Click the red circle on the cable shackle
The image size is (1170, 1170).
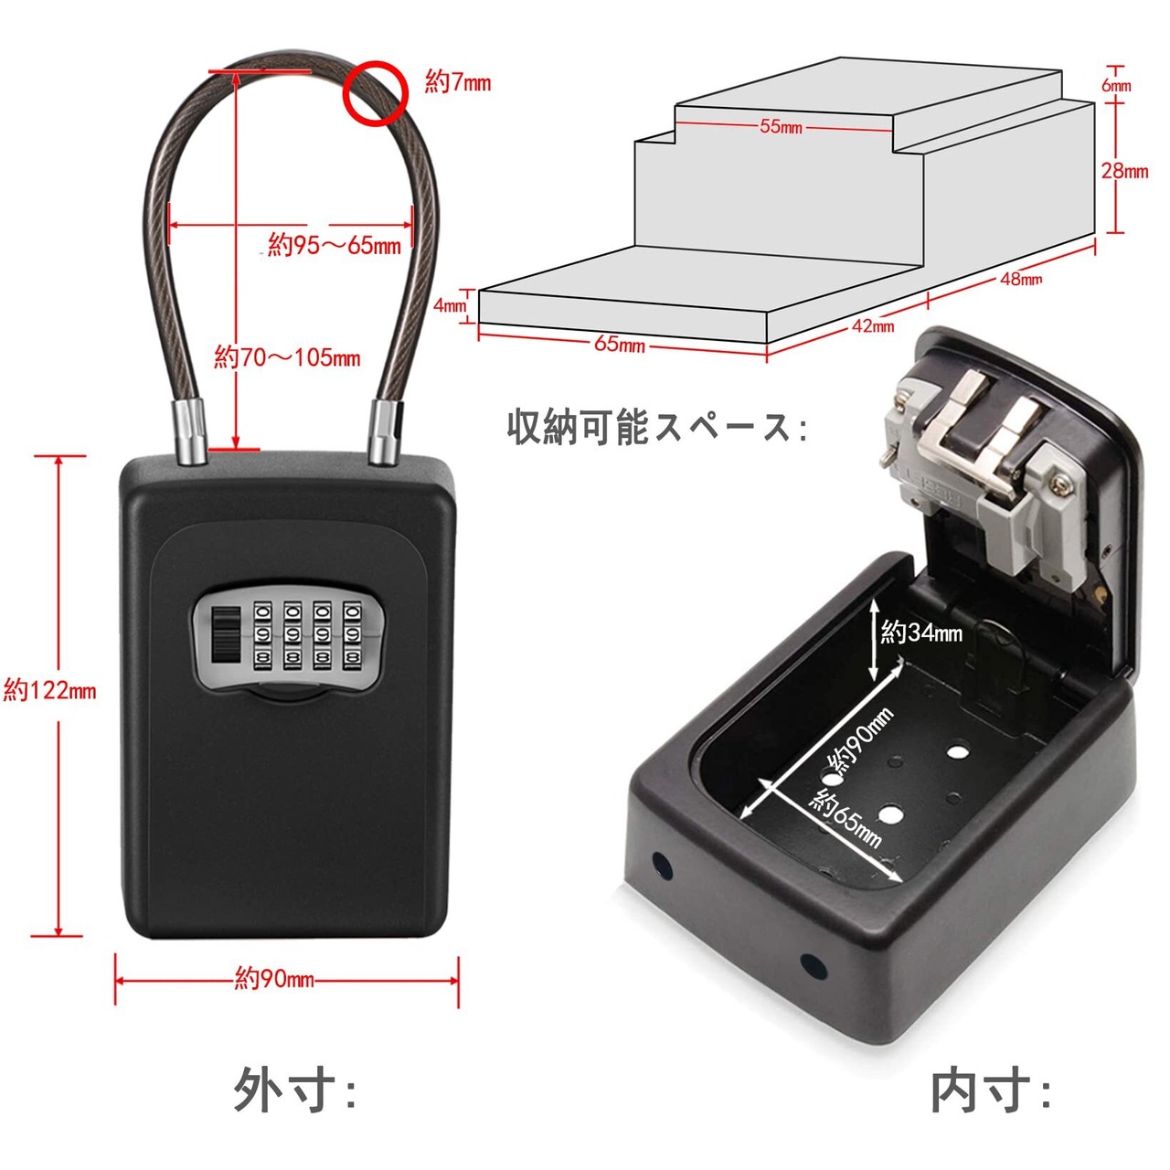[x=374, y=92]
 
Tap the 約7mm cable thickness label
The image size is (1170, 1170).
[x=458, y=82]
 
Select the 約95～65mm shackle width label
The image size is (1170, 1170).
[x=335, y=245]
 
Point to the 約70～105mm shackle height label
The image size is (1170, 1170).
[x=287, y=356]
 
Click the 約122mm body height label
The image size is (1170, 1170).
[x=49, y=690]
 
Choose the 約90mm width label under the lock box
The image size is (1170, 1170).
[x=274, y=979]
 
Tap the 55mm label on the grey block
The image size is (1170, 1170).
[x=781, y=126]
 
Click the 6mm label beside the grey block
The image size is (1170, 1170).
[x=1116, y=85]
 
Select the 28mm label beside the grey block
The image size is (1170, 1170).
[x=1124, y=171]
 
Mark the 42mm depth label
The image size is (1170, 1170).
[x=873, y=325]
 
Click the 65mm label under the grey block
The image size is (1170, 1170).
[x=620, y=344]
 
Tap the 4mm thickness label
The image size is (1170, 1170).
[x=450, y=305]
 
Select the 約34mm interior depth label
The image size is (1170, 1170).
[x=921, y=632]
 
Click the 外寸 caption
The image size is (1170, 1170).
[x=294, y=1090]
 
